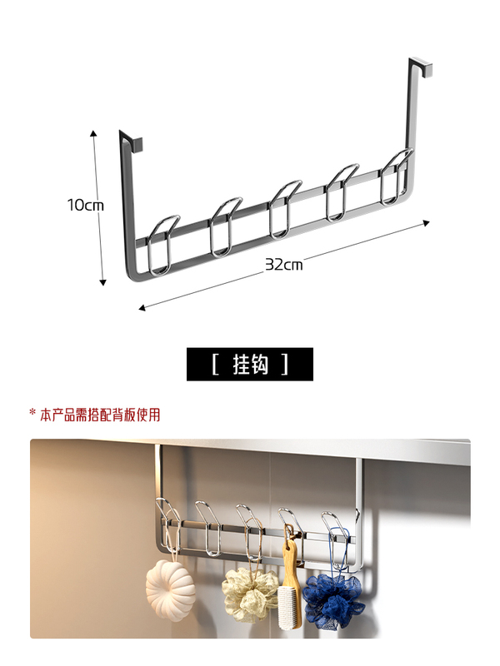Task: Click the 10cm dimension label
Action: tap(85, 205)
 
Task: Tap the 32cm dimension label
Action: tap(283, 265)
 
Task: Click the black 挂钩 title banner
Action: tap(250, 364)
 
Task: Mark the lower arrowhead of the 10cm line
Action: tap(102, 282)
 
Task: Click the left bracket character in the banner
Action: tap(215, 364)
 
